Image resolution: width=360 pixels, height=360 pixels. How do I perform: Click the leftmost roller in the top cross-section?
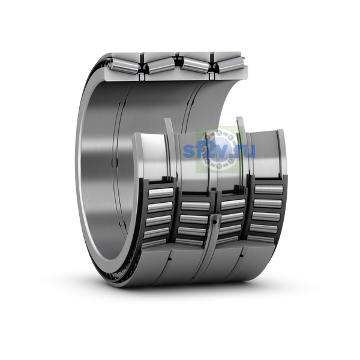(124, 65)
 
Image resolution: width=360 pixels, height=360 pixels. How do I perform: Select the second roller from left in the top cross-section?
(161, 65)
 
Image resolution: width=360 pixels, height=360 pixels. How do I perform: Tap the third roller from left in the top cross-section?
(195, 65)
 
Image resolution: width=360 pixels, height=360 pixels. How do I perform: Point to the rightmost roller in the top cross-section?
(230, 65)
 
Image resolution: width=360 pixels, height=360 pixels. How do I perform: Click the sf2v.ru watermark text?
(219, 151)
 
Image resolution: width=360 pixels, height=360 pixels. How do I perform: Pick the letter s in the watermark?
(188, 152)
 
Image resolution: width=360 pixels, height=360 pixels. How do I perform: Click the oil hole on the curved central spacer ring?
(214, 222)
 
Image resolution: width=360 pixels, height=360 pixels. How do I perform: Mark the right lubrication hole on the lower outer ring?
(242, 256)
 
